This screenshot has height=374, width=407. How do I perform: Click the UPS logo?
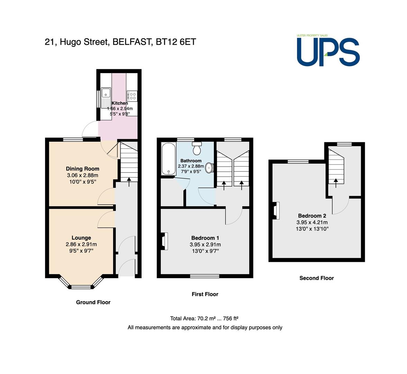328,51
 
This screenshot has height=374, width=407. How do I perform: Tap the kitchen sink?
106,98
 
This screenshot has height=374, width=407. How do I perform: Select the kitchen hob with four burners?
132,96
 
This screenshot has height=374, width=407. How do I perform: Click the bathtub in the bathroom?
169,159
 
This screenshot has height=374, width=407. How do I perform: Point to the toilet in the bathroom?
197,148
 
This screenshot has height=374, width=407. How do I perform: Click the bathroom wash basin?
209,168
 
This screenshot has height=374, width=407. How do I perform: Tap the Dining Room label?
82,169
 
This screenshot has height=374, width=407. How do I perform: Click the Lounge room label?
81,238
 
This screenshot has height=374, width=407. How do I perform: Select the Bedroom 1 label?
205,238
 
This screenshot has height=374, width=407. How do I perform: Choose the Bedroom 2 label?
312,215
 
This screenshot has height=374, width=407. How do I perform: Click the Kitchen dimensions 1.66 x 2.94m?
120,109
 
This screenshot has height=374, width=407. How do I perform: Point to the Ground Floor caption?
93,302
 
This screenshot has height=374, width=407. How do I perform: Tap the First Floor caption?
205,294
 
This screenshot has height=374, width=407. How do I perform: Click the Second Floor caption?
317,278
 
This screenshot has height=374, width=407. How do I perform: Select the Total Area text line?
204,319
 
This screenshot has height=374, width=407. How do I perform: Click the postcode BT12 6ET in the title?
176,42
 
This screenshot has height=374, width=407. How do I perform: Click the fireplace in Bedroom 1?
165,241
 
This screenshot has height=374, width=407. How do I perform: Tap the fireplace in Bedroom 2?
276,211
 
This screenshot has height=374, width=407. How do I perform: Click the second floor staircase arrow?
336,183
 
